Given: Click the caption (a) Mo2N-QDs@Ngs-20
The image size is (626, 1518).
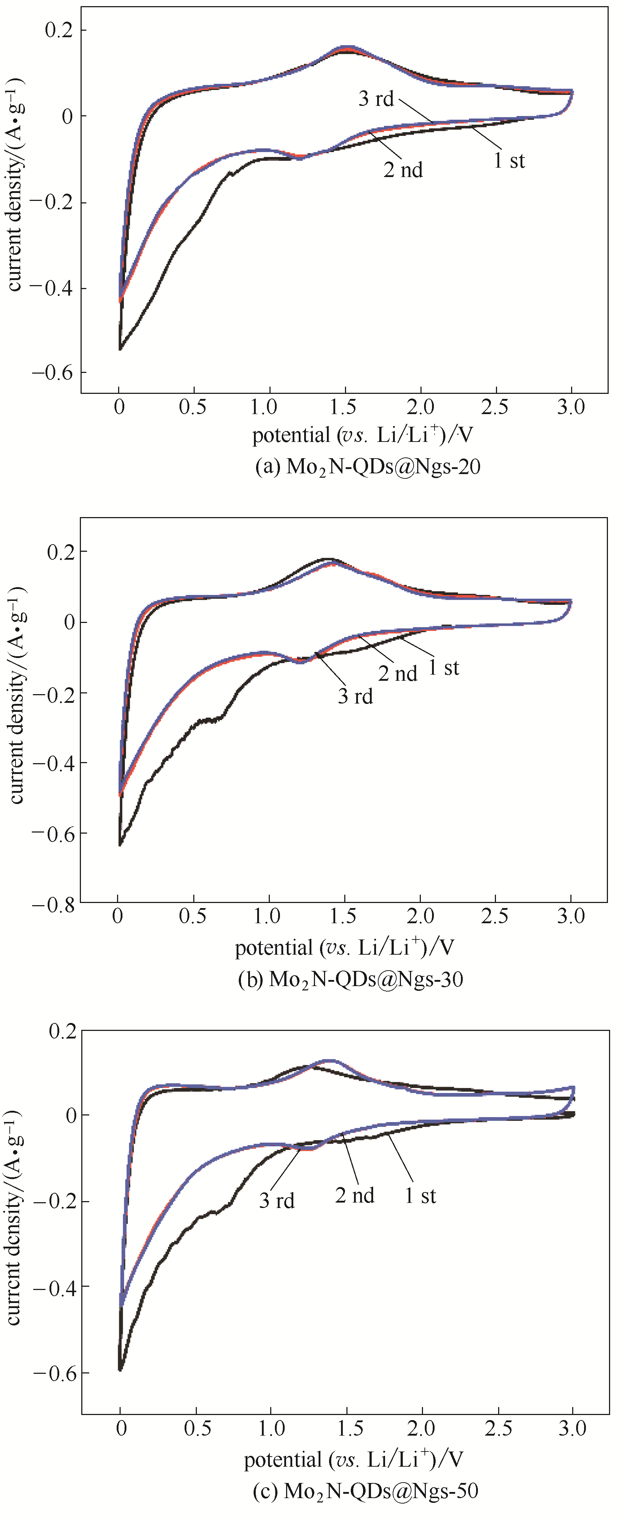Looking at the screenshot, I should pos(367,467).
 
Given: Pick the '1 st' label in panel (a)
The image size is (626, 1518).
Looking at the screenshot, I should pos(509,160).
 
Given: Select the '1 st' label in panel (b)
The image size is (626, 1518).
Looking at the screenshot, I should pos(444,668).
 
